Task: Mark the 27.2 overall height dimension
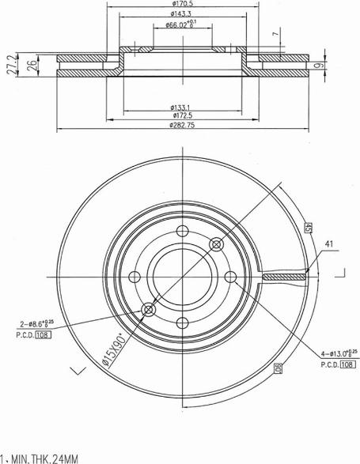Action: click(9, 66)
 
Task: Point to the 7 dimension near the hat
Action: click(275, 35)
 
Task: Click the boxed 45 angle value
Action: click(306, 228)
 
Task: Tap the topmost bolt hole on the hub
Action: click(182, 231)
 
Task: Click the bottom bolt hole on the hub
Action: click(182, 322)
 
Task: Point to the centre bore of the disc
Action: click(182, 276)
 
